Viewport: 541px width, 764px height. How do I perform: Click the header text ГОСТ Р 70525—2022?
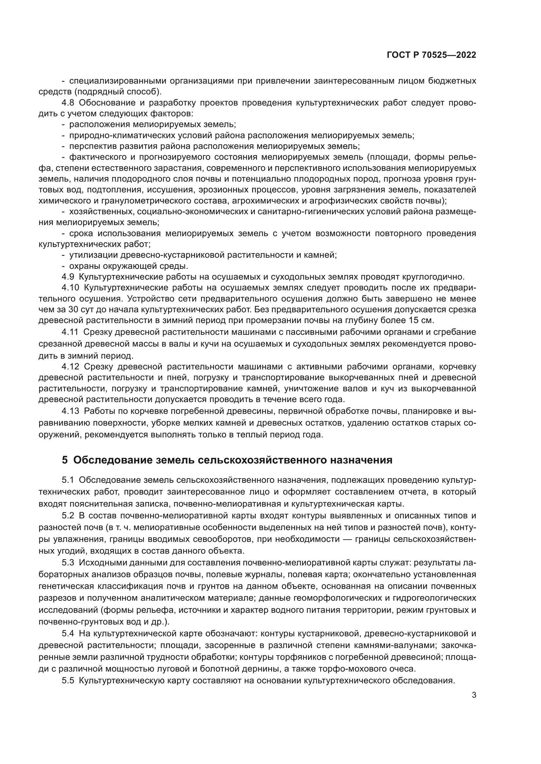click(x=431, y=55)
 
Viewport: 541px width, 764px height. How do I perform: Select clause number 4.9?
click(x=68, y=277)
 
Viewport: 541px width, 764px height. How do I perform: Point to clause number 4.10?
click(x=70, y=287)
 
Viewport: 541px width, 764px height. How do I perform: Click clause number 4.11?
click(x=70, y=332)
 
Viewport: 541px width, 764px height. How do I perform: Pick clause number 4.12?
click(x=70, y=367)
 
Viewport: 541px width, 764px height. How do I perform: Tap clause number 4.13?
click(x=70, y=411)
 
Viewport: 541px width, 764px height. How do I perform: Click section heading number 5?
click(x=65, y=460)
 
